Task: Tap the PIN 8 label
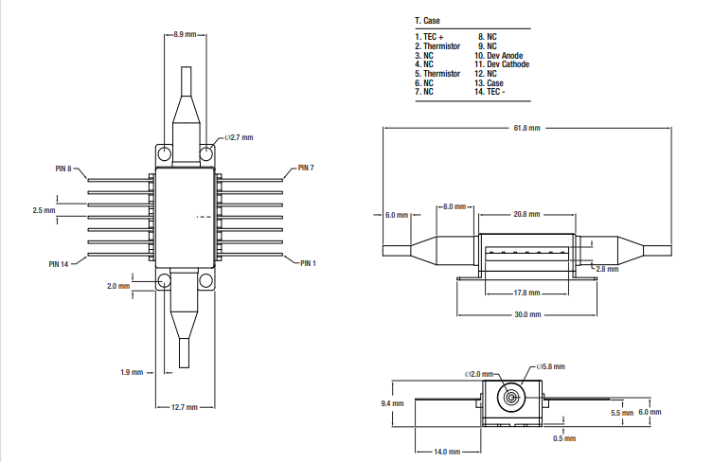pos(63,169)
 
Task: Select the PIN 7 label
pos(306,168)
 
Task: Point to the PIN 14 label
pos(60,263)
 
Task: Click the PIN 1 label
pos(308,262)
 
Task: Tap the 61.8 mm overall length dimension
pos(526,127)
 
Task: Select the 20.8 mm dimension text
pos(526,214)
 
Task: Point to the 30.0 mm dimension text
pos(527,314)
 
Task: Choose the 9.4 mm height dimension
pos(392,403)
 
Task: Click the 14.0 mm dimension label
pos(448,452)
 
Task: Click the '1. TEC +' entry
pos(429,37)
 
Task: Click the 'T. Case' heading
pos(427,20)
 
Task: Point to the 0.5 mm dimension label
pos(563,437)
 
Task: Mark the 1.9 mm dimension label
pos(132,372)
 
